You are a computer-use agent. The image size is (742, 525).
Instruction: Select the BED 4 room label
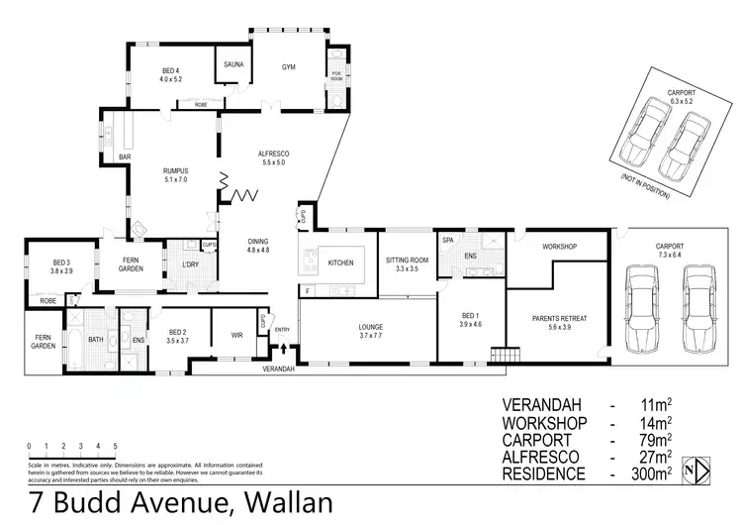pyautogui.click(x=171, y=71)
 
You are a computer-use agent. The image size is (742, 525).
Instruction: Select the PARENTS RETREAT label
pyautogui.click(x=559, y=318)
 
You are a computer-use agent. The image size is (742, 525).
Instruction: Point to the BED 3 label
pyautogui.click(x=61, y=262)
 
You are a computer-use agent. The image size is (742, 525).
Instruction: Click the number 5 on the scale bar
pyautogui.click(x=115, y=446)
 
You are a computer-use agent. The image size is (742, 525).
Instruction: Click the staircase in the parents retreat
pyautogui.click(x=509, y=355)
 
